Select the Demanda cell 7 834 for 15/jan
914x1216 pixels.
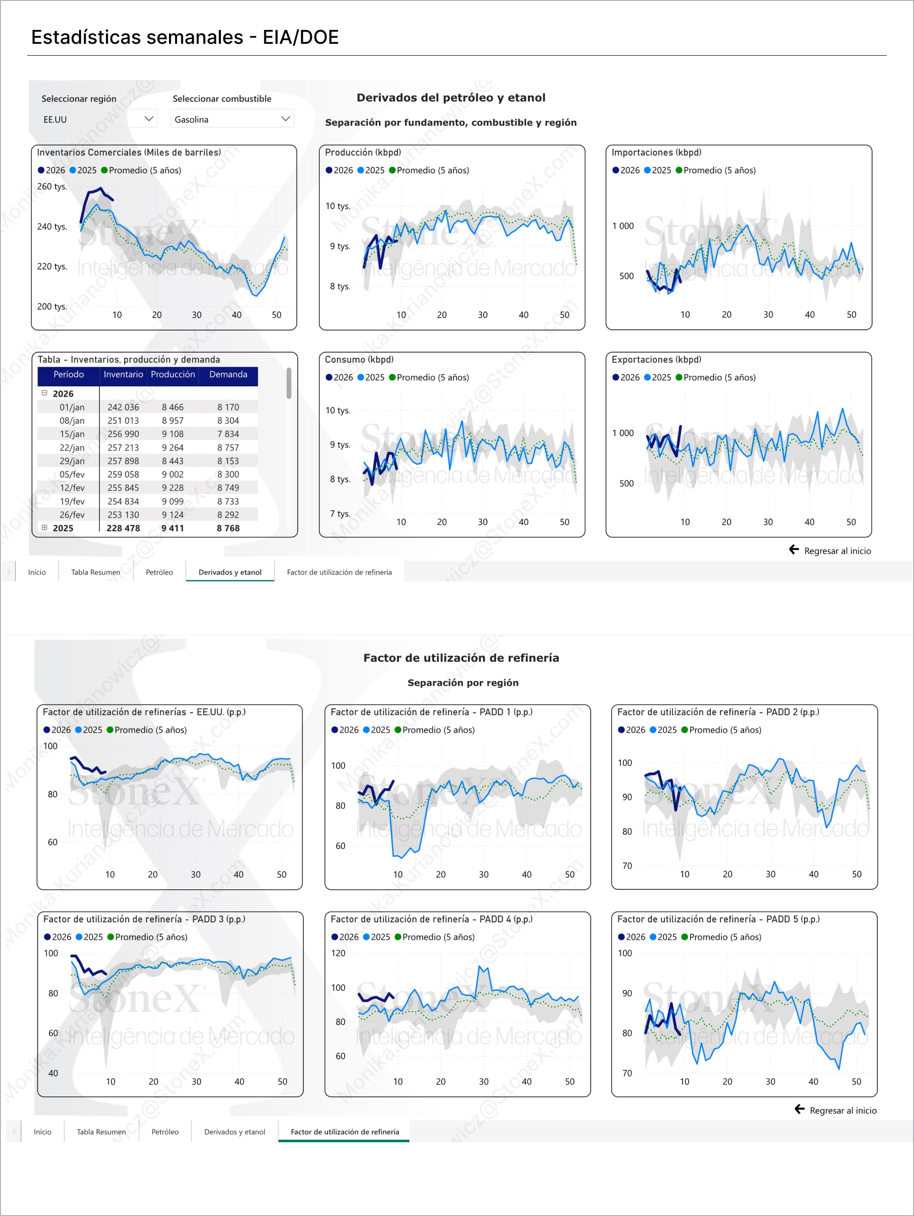[228, 434]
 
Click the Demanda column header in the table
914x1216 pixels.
[228, 374]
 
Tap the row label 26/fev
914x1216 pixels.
[72, 515]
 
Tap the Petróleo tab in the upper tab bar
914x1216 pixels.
[159, 572]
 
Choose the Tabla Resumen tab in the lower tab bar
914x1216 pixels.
[101, 1132]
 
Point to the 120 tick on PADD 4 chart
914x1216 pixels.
[338, 953]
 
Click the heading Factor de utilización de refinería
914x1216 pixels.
[461, 658]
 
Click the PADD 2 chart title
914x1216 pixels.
[718, 712]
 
